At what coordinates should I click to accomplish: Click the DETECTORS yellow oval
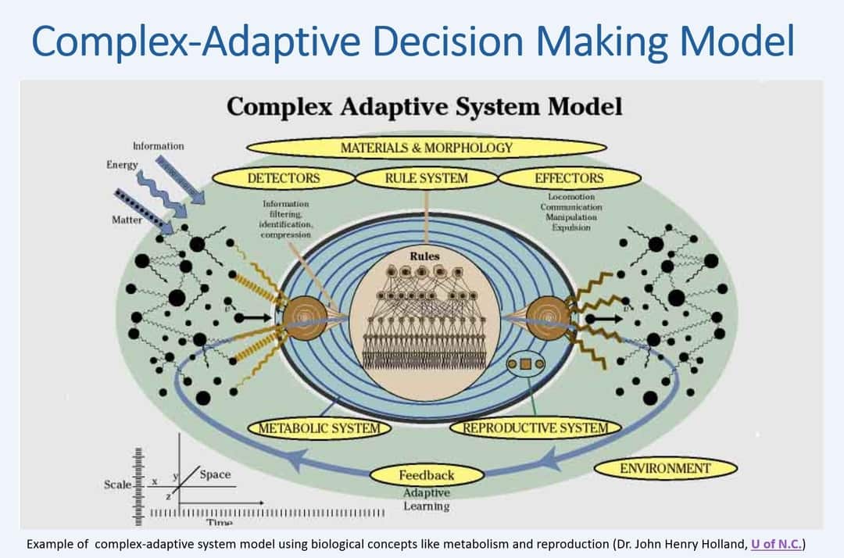284,178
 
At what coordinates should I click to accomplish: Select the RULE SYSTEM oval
426,178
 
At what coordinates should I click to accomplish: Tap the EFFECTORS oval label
569,178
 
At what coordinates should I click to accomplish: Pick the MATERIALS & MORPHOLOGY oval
426,147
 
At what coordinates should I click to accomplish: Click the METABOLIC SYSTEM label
319,427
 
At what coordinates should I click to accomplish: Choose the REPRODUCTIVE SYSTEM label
535,427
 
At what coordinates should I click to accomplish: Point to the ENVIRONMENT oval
665,469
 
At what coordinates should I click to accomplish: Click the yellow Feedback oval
426,475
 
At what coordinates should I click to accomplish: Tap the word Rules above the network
425,256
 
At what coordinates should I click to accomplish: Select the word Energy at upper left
122,165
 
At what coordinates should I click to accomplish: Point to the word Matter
127,220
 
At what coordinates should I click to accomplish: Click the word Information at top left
159,145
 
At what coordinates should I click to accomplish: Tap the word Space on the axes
215,474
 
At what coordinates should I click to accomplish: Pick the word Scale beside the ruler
117,485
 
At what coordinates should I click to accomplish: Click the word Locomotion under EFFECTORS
570,197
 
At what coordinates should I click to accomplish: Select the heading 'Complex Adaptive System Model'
424,106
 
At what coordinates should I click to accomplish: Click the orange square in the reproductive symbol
525,363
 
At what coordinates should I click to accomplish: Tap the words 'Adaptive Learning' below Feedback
426,500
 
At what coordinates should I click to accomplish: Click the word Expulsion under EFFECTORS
570,227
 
